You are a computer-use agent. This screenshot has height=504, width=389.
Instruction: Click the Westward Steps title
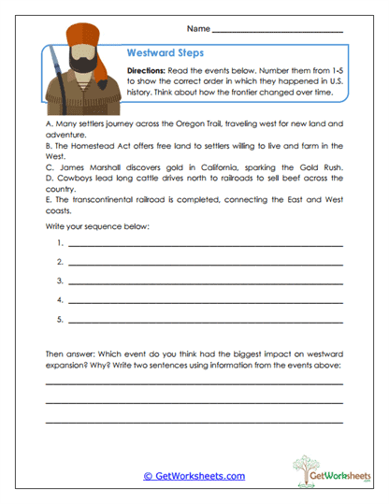pyautogui.click(x=165, y=54)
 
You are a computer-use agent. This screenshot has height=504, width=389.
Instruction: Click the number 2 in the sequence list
pyautogui.click(x=59, y=261)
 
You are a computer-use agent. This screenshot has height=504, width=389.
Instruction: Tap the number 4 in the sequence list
pyautogui.click(x=59, y=299)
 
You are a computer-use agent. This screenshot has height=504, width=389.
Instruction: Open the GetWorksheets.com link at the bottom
pyautogui.click(x=194, y=476)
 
